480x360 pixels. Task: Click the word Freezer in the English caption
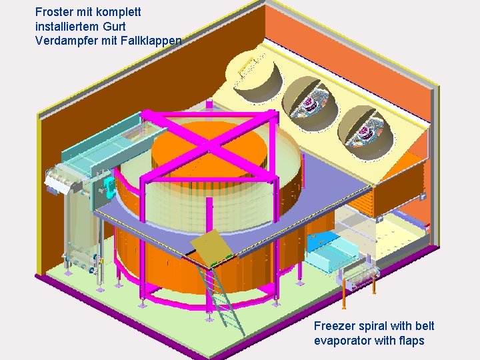334,326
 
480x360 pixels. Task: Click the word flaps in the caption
410,341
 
